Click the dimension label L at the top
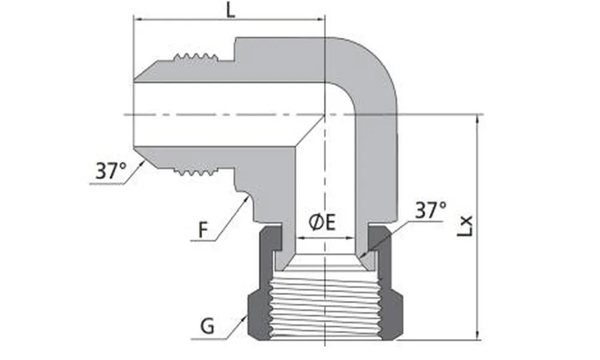tap(230, 11)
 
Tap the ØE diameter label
tap(322, 223)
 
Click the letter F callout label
tap(204, 229)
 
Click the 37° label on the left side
tap(111, 172)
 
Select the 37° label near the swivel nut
tap(431, 211)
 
